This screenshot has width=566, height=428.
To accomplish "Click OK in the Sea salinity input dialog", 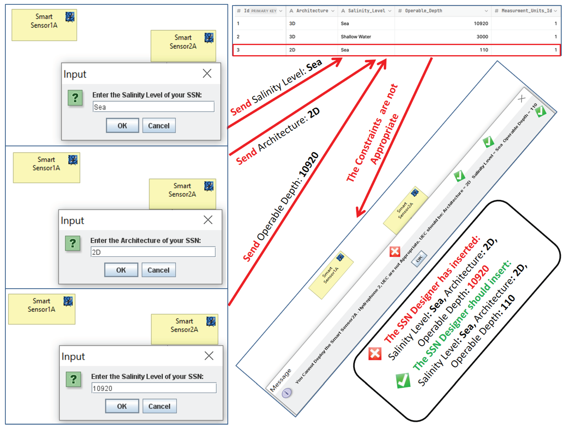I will (122, 125).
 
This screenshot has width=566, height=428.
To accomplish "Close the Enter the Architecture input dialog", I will (208, 220).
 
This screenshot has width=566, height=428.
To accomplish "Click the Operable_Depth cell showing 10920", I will (480, 23).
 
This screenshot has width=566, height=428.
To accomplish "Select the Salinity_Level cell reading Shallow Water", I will (356, 37).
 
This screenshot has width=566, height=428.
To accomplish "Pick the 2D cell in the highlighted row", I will (292, 50).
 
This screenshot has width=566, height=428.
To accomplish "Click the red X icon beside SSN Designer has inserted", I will (375, 354).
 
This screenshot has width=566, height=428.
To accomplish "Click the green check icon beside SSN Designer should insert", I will (403, 380).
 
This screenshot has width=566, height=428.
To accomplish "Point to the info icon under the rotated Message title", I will (286, 392).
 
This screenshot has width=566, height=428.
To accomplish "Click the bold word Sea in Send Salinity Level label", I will (314, 65).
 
